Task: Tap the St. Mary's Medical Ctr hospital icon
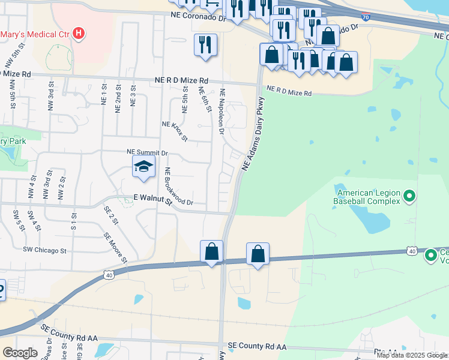[78, 33]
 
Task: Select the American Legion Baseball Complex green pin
[409, 196]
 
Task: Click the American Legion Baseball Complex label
[368, 197]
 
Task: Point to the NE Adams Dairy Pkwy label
[253, 134]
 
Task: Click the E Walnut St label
[152, 200]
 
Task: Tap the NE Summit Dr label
[146, 153]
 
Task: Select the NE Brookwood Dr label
[179, 186]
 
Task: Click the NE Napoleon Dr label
[221, 111]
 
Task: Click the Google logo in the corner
[20, 353]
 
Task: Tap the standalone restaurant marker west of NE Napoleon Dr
[206, 45]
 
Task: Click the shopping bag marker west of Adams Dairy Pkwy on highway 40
[211, 251]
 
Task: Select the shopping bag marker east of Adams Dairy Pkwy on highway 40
[258, 254]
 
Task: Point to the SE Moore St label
[115, 248]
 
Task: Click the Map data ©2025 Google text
[412, 355]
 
